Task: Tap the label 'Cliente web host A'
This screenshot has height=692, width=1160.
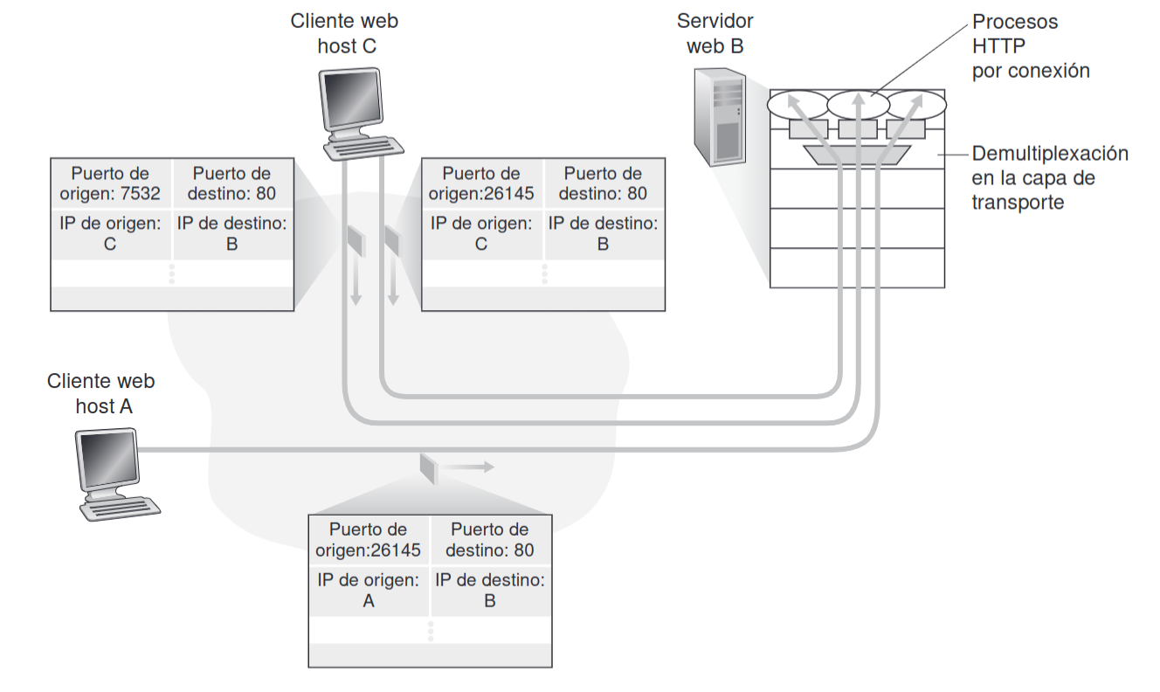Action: (101, 393)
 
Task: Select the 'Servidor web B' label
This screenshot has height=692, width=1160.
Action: (715, 33)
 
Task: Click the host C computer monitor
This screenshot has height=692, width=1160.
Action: (351, 103)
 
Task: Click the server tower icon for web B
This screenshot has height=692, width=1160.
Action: (720, 120)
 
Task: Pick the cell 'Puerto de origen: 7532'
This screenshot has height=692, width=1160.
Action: (110, 183)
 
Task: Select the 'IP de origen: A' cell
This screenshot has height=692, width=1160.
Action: (368, 590)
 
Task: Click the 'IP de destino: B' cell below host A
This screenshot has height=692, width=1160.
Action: (489, 590)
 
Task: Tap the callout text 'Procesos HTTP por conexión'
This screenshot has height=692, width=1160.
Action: (1031, 46)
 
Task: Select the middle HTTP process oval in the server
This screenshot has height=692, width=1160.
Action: (858, 105)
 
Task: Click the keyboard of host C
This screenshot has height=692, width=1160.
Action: (363, 148)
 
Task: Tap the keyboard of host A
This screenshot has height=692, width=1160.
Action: (119, 507)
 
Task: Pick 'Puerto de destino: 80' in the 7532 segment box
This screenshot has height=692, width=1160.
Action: (231, 183)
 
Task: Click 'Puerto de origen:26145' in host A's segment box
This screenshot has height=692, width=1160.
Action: (368, 539)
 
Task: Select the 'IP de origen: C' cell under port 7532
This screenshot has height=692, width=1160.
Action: (110, 233)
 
